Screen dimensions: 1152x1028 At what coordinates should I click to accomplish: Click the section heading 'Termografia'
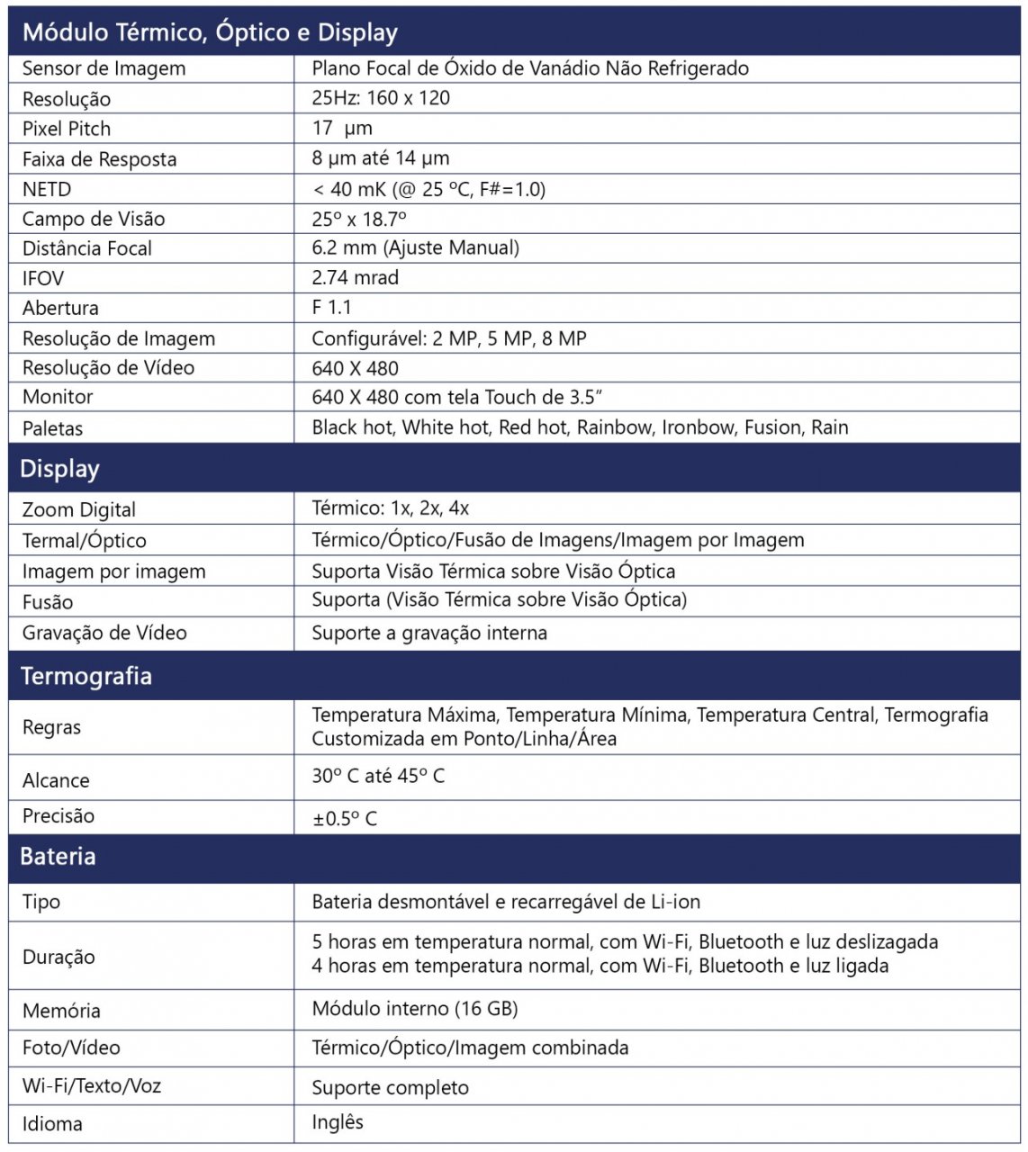coord(86,676)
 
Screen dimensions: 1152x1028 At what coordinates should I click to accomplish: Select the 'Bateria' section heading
coord(58,856)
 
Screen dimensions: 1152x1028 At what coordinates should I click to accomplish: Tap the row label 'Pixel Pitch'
coord(67,129)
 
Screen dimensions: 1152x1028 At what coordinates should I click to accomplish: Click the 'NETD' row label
coord(47,189)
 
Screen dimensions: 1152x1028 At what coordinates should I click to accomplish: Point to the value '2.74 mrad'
coord(355,277)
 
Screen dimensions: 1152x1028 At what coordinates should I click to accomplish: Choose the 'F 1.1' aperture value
coord(331,307)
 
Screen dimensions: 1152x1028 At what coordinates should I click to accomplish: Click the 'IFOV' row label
coord(43,278)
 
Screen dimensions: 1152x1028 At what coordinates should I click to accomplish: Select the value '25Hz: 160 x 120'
coord(381,98)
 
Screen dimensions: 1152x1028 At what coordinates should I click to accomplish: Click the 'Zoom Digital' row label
coord(79,509)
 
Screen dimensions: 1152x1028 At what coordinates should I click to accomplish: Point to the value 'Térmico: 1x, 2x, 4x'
coord(390,508)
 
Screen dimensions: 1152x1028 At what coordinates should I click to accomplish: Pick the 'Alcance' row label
coord(56,780)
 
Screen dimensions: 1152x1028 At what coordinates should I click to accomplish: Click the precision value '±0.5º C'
coord(345,818)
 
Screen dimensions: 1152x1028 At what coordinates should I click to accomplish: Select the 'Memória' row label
coord(61,1011)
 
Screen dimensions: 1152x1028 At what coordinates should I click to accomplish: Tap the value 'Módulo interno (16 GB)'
coord(415,1009)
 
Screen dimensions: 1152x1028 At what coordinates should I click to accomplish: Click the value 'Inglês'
coord(338,1122)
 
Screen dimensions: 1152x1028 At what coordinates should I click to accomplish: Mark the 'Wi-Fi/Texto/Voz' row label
coord(92,1085)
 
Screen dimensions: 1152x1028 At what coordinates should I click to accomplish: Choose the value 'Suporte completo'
coord(390,1087)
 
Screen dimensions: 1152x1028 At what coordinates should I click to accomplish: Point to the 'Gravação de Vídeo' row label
coord(104,633)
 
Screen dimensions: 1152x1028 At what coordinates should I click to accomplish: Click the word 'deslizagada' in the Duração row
coord(887,942)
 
